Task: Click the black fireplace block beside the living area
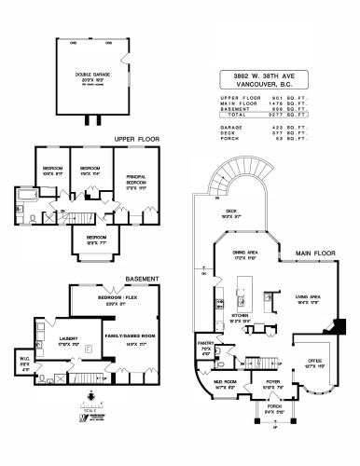click(339, 324)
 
